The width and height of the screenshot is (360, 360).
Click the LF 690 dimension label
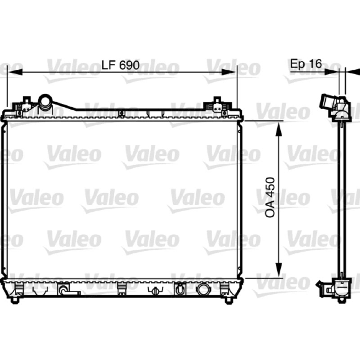click(x=121, y=65)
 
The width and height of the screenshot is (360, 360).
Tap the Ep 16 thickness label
click(x=306, y=63)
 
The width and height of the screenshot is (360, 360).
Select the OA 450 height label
click(x=270, y=198)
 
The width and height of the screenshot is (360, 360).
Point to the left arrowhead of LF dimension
click(x=15, y=72)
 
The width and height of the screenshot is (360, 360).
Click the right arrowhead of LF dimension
click(x=229, y=72)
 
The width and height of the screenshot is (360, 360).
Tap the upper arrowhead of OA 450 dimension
click(x=279, y=129)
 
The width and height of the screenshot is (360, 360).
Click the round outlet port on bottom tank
click(x=203, y=289)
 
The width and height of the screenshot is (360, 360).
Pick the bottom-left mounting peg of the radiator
click(x=15, y=300)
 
